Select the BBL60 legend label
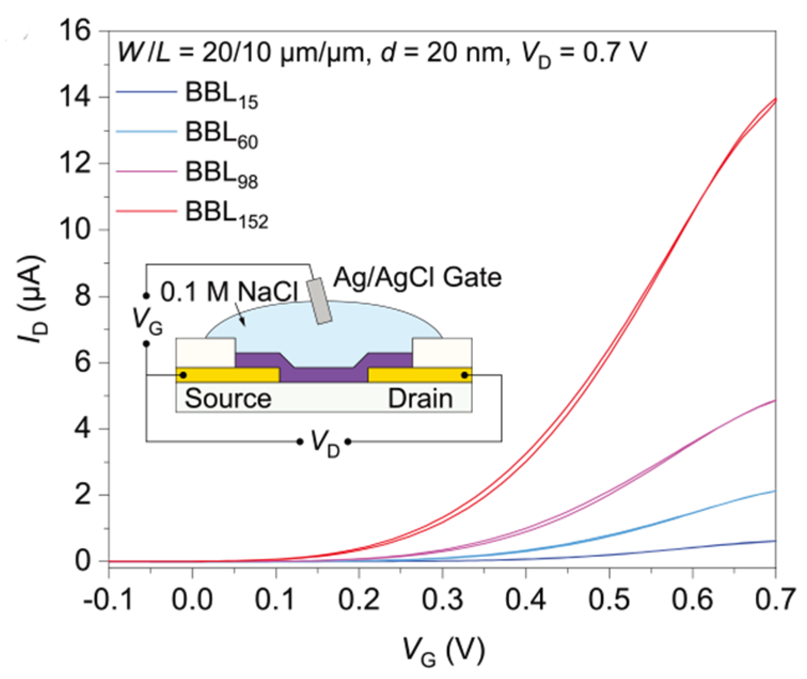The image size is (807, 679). click(221, 134)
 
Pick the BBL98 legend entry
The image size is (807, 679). click(221, 173)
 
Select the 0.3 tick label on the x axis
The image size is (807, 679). click(442, 600)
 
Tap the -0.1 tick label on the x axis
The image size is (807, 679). click(108, 600)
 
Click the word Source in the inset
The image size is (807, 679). click(228, 399)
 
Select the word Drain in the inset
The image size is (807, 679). click(420, 399)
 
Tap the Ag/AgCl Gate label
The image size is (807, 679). click(417, 278)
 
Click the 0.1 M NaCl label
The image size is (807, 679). click(230, 292)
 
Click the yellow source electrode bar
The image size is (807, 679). click(228, 375)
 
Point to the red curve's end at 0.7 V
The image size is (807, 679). click(775, 99)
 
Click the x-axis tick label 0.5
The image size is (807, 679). click(609, 600)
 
